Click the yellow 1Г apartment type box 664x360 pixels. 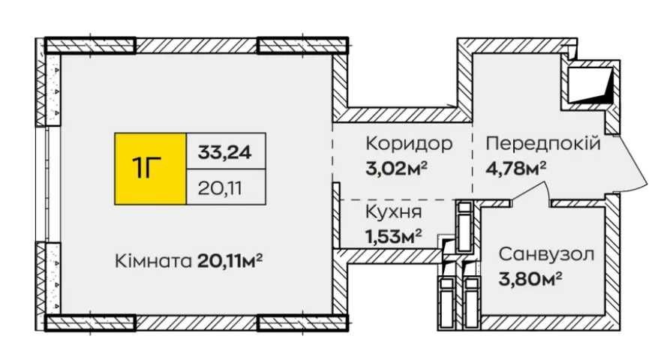(149, 169)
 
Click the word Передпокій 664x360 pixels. (542, 143)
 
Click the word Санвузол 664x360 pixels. (546, 254)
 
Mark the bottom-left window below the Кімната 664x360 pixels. (91, 322)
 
